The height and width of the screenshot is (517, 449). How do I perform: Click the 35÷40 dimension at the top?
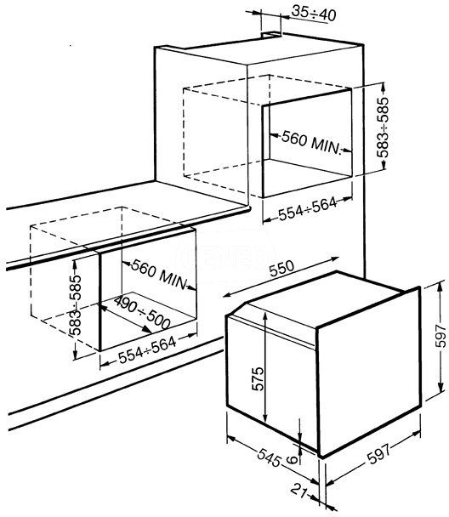[314, 14]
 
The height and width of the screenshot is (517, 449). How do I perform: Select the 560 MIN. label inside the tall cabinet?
[310, 143]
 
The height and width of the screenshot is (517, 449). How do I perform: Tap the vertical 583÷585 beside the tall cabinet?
[383, 127]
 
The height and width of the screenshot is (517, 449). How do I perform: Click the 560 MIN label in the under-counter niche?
[159, 275]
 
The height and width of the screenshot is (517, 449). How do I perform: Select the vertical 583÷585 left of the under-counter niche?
[75, 305]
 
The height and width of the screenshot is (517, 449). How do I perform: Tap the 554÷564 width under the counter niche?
[147, 349]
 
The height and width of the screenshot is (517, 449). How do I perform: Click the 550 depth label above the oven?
[281, 269]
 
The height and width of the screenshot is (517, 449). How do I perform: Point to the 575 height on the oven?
[258, 378]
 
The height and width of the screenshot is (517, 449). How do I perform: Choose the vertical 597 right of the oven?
[440, 336]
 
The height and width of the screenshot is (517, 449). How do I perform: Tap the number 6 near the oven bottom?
[291, 459]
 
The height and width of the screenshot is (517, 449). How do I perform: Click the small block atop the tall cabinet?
[271, 34]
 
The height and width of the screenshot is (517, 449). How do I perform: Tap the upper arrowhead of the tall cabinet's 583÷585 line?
[383, 87]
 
